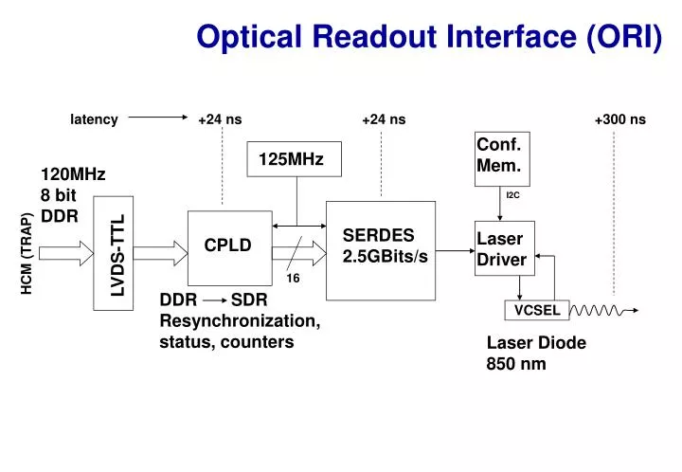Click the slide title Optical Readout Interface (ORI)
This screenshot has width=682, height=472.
429,36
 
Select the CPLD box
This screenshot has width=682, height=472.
227,245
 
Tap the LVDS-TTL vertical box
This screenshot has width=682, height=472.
115,252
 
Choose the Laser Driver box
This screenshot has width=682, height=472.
504,248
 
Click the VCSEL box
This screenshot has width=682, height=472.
537,310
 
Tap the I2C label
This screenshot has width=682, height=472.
513,195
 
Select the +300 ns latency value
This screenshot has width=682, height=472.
619,119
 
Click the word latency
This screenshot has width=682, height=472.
94,119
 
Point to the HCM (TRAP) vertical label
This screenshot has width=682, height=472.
27,253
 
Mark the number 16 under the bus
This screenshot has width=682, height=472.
293,279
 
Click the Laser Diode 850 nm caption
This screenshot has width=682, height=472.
535,353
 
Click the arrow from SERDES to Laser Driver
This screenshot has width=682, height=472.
456,250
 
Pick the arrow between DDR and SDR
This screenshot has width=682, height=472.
213,300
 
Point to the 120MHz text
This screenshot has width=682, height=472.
73,174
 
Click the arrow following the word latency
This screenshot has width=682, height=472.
157,119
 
